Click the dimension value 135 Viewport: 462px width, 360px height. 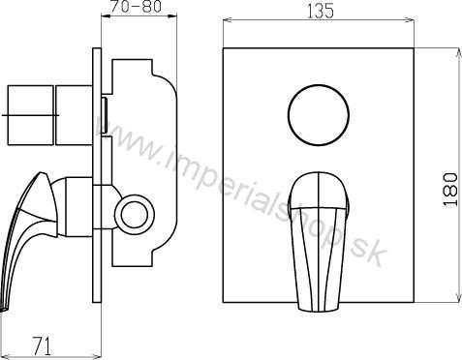(320, 12)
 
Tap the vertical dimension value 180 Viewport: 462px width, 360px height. (450, 189)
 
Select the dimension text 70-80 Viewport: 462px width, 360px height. (136, 7)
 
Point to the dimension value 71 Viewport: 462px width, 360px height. (43, 346)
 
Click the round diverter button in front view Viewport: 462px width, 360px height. (319, 115)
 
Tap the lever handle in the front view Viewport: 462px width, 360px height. (319, 242)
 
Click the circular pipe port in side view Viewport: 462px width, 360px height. (135, 215)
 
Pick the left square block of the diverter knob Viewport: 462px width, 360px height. (30, 115)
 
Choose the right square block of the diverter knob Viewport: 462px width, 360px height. (74, 115)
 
